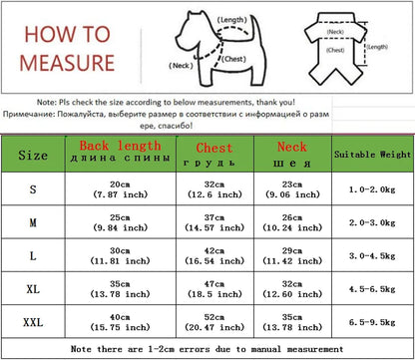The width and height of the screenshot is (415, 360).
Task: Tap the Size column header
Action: [33, 156]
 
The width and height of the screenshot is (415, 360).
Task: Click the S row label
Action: [33, 190]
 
